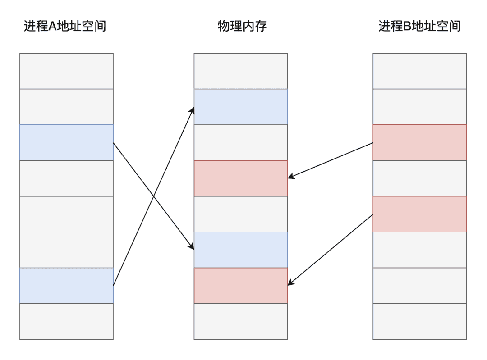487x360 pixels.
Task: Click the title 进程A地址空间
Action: [x=65, y=26]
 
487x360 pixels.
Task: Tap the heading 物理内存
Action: [x=242, y=26]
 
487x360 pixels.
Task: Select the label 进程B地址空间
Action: [x=419, y=26]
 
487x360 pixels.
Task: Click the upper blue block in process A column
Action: [x=66, y=142]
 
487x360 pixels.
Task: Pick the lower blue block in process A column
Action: [x=66, y=286]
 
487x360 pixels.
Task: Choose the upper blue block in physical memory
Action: [x=241, y=107]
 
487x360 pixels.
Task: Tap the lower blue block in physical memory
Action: [x=241, y=250]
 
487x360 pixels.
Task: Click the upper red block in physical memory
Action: [x=241, y=178]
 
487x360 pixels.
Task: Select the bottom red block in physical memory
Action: [x=241, y=286]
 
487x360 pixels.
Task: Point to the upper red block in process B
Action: [x=420, y=142]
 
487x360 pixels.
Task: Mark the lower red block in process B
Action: [x=420, y=214]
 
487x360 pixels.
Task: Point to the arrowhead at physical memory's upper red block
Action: [x=291, y=177]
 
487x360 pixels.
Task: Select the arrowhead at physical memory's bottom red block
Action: [x=291, y=283]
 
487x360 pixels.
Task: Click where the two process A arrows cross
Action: [x=153, y=196]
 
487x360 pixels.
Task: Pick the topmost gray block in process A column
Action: [x=66, y=71]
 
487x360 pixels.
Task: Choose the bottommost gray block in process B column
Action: [x=420, y=321]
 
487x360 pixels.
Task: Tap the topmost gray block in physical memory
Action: [x=241, y=71]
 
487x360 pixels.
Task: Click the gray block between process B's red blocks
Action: [x=420, y=178]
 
